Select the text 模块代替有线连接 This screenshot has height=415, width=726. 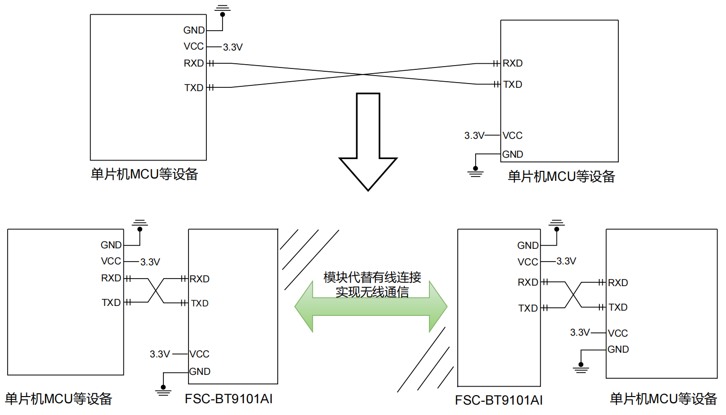coord(372,277)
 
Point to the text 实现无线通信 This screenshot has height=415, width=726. coord(372,292)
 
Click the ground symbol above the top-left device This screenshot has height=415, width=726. coord(222,8)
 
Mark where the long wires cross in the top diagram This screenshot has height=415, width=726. coord(363,74)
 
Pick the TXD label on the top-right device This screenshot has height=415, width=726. coord(512,85)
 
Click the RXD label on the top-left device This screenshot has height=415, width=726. coord(194,63)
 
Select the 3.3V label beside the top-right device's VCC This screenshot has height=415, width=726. coord(474,136)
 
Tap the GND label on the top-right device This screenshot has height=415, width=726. coord(512,154)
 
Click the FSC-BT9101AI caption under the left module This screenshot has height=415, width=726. coord(229,399)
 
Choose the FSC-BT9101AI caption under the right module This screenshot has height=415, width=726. coord(499,400)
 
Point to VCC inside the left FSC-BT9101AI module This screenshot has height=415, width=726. coord(199,354)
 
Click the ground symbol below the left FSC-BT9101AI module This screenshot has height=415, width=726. coord(163,391)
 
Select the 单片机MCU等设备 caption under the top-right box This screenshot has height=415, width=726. coord(561,177)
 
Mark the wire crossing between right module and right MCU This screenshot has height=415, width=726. coord(573,295)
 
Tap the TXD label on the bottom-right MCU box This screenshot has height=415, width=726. coord(618,307)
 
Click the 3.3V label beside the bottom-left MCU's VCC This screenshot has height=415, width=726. coord(150,262)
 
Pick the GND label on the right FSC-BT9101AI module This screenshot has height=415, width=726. coord(528,246)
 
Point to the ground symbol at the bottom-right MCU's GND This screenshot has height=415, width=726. coord(581,368)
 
